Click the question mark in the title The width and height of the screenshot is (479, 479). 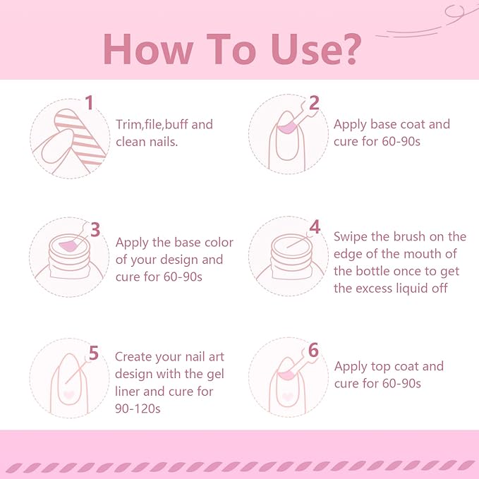350,49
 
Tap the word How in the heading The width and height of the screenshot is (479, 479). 148,49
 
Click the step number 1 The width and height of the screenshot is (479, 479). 89,103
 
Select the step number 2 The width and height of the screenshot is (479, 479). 314,103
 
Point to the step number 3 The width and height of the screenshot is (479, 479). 95,229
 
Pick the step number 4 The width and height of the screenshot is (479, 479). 315,227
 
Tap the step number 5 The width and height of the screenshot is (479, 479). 94,353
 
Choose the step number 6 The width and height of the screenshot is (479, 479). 313,350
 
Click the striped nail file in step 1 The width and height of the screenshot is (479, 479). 80,136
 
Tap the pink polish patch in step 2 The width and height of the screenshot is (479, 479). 286,128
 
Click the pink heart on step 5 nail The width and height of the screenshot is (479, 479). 68,394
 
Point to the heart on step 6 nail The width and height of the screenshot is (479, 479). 287,396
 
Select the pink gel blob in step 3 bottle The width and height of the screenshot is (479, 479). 69,245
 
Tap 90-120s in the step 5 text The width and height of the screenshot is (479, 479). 138,408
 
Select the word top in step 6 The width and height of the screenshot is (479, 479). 382,367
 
